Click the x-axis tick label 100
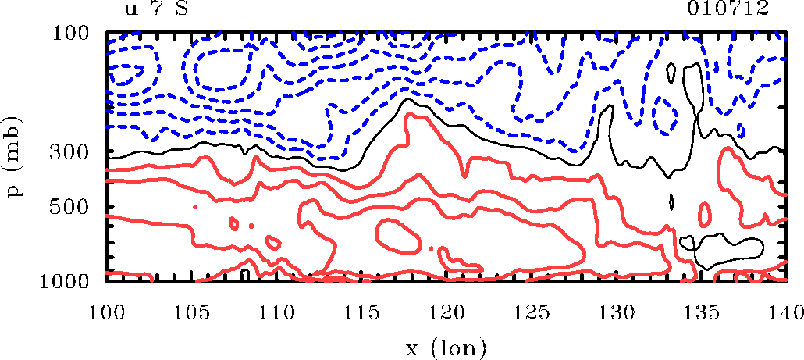106,312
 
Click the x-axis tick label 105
191,312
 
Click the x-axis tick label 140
784,312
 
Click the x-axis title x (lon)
446,344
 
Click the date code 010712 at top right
729,9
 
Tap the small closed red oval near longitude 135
705,213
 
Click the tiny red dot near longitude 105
194,206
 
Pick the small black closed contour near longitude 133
671,201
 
